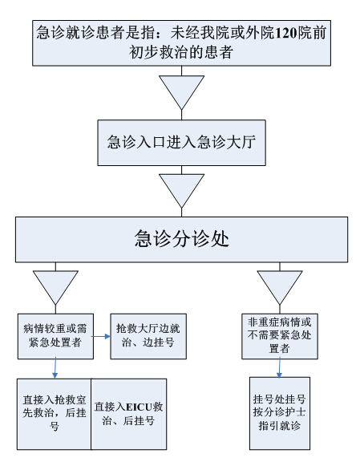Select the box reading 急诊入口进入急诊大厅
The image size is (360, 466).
(181, 143)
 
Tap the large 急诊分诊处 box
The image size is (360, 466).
(181, 240)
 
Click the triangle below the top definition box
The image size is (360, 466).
(181, 92)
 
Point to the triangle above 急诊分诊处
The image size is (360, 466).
(181, 191)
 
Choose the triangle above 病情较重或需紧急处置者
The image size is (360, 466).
(55, 287)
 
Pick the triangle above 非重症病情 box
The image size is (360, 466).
(280, 287)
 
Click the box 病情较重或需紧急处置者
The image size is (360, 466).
(55, 336)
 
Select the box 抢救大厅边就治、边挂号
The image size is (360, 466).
(148, 336)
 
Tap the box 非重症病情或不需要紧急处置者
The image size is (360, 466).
(280, 336)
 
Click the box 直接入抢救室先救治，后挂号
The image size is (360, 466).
(54, 414)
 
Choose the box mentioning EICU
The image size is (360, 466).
(128, 414)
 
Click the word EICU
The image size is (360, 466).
(139, 407)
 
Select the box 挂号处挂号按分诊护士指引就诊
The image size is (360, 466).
(280, 413)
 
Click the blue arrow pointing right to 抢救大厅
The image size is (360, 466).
(100, 336)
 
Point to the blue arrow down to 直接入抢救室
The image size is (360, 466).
(55, 368)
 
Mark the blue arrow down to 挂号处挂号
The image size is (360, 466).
(279, 367)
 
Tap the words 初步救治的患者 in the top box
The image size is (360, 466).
(181, 53)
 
